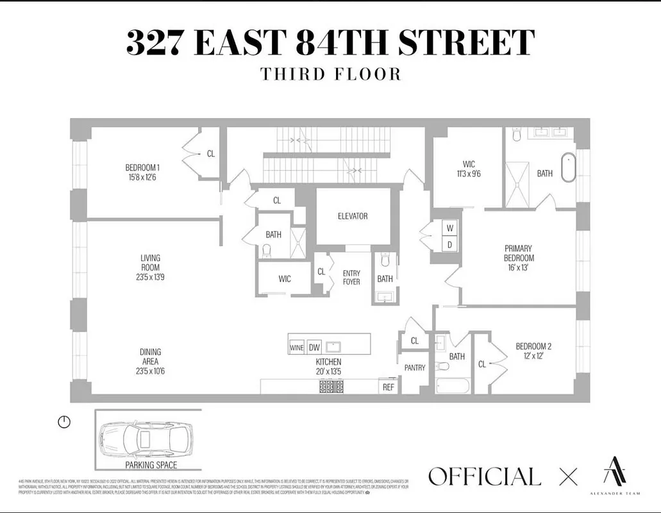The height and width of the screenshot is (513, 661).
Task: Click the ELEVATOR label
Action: [353, 216]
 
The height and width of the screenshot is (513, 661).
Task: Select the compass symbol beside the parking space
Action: [63, 422]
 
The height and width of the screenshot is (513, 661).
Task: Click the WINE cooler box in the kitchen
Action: [296, 348]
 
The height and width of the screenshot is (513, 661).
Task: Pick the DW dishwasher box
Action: [314, 348]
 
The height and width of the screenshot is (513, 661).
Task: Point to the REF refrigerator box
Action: [388, 387]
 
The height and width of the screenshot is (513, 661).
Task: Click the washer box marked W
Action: [449, 228]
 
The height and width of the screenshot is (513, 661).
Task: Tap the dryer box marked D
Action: [449, 244]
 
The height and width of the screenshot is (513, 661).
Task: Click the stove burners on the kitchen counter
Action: [331, 387]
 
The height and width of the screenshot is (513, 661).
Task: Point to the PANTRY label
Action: [415, 368]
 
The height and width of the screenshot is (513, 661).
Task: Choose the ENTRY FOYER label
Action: [351, 277]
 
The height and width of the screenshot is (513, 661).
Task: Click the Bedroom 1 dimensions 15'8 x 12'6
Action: [142, 177]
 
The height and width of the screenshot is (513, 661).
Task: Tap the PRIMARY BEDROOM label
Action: [519, 253]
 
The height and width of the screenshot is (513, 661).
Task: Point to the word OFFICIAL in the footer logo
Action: [484, 476]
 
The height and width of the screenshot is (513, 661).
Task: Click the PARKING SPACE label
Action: [151, 465]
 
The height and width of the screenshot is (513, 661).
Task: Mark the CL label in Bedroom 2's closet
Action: [482, 364]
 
